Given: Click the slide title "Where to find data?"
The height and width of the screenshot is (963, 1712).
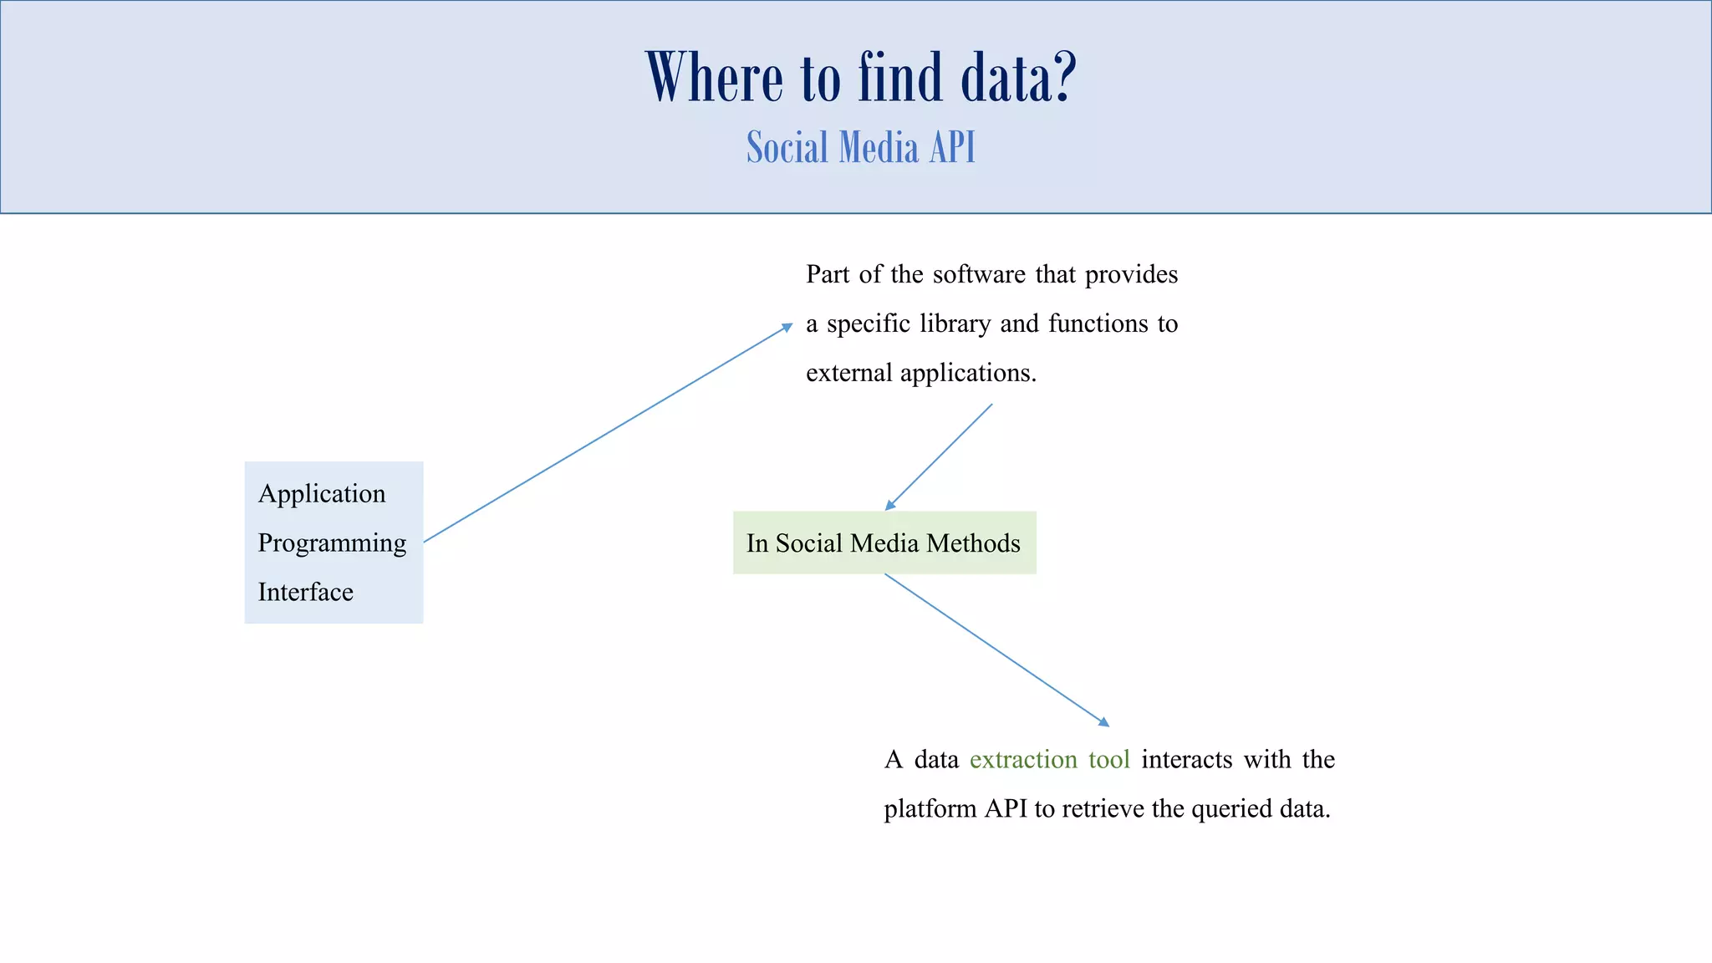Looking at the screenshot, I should click(861, 78).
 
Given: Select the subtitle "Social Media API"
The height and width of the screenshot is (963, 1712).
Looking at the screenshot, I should click(861, 148).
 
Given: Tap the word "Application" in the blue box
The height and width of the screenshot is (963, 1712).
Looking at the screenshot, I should click(322, 494).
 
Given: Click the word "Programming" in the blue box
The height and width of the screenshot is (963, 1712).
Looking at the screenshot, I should click(332, 543).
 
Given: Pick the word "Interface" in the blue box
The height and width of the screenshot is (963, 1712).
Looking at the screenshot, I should click(305, 593).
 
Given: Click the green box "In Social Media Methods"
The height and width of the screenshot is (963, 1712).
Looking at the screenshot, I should click(884, 543).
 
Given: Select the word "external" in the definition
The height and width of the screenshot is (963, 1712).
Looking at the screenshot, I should click(848, 373).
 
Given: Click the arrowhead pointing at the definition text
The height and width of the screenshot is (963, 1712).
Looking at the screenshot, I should click(787, 328).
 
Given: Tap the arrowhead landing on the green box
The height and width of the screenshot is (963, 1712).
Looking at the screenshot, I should click(890, 505).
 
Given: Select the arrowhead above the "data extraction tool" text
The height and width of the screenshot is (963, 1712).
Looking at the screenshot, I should click(1104, 722).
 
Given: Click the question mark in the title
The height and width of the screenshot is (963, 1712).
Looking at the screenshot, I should click(1062, 78).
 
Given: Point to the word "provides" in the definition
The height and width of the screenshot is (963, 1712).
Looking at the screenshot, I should click(1131, 275).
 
